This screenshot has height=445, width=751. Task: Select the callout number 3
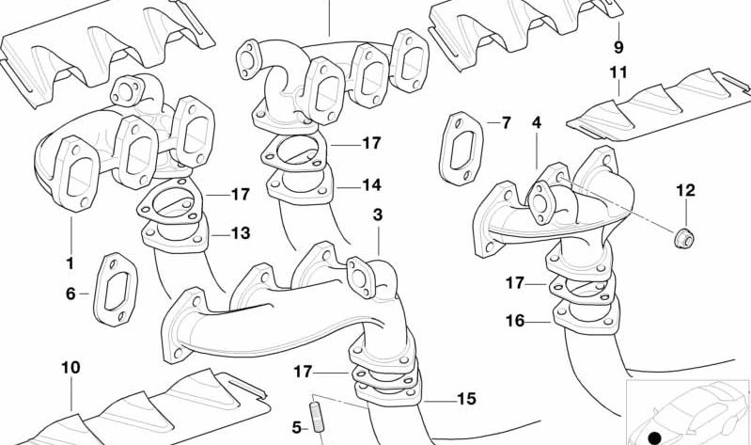[x=378, y=215]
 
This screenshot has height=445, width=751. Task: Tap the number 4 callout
[x=536, y=123]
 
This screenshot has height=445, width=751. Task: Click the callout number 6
[x=70, y=294]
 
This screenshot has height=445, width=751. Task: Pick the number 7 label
[x=506, y=123]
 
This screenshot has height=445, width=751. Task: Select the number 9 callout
[x=618, y=46]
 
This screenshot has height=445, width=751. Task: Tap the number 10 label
[x=70, y=366]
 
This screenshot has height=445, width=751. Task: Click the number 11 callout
[x=618, y=72]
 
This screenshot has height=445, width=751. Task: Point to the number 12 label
[x=685, y=191]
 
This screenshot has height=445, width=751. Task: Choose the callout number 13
[x=241, y=232]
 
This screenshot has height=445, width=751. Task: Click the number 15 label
[x=466, y=399]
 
